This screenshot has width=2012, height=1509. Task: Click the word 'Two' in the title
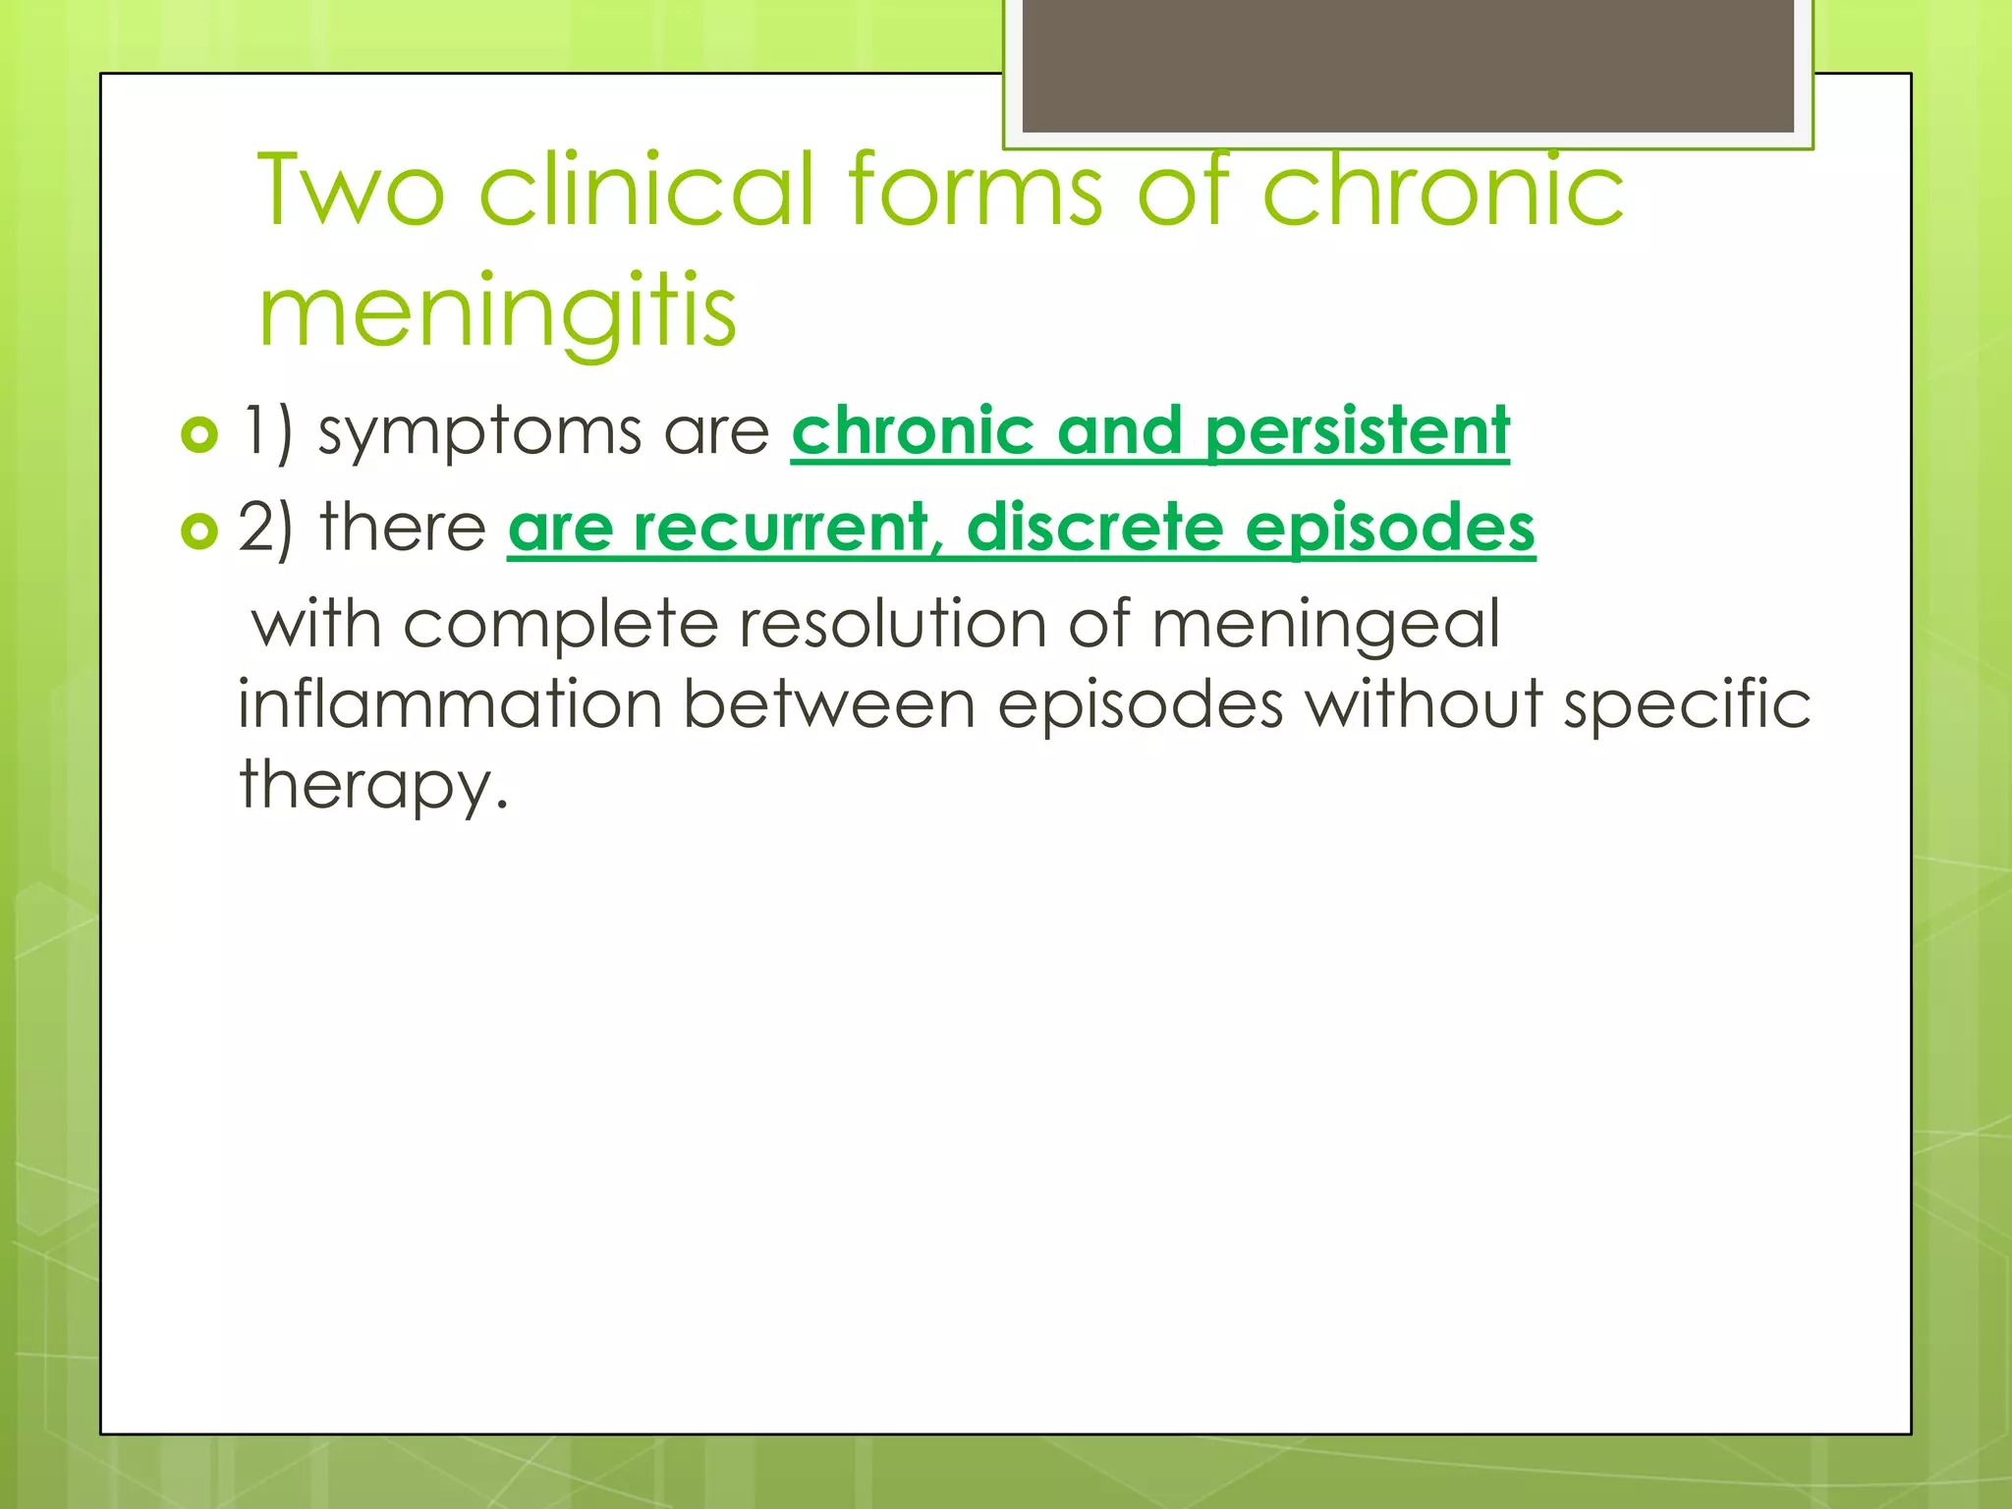pos(352,190)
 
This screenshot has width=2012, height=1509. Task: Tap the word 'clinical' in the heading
pos(646,190)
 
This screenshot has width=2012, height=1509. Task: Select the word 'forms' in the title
pos(975,190)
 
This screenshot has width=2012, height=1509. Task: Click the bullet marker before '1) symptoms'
pos(199,434)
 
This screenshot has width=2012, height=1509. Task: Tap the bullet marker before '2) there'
pos(199,531)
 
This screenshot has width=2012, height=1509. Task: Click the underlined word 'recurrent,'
pos(781,529)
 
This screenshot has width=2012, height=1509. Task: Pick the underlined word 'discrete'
pos(1094,529)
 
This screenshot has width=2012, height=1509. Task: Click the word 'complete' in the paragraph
pos(560,626)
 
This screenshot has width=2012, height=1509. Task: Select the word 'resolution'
pos(892,624)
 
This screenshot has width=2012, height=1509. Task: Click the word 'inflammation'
pos(451,704)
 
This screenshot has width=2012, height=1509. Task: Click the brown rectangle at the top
pos(1407,65)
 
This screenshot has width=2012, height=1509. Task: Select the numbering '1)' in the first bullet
pos(267,432)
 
